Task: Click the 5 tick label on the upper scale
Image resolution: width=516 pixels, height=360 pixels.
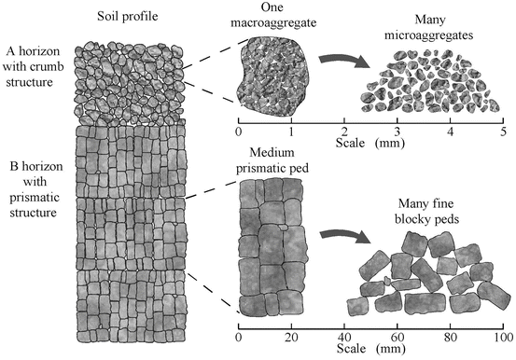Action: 504,133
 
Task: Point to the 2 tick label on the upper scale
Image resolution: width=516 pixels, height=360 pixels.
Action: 345,133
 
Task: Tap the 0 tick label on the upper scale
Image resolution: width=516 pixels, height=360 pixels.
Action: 240,133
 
